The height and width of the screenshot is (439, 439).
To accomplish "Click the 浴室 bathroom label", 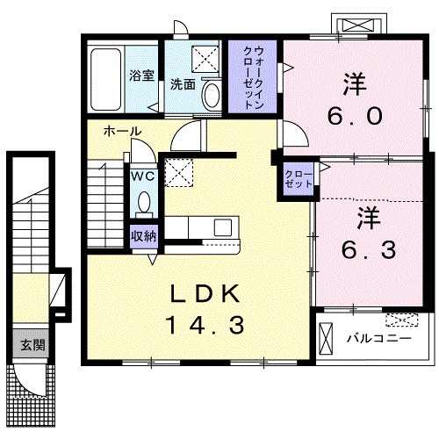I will coord(142,76).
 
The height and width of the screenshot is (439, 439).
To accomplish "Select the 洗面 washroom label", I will coord(183,85).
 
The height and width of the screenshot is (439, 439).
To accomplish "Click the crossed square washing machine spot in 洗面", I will coord(207,59).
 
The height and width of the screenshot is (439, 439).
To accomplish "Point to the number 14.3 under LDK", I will coord(205,325).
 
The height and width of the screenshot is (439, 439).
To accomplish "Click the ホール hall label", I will coord(121,130).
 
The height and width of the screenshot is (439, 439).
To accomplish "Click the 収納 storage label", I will coord(143,234).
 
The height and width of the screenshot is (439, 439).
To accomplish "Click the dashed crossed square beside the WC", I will coord(179,172).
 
